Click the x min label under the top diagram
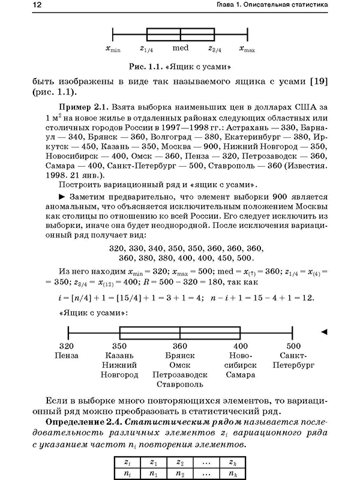(x=113, y=50)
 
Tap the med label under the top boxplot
(x=181, y=50)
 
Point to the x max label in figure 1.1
(x=247, y=50)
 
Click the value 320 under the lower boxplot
(x=67, y=346)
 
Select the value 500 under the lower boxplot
(x=293, y=346)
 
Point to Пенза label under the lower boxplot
(x=67, y=356)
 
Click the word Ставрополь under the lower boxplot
(x=180, y=385)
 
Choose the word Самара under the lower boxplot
(x=240, y=375)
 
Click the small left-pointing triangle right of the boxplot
(x=325, y=331)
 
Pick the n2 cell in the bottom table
(x=181, y=474)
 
